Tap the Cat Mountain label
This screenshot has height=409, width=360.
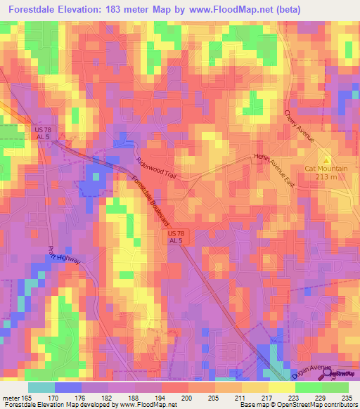[325, 168]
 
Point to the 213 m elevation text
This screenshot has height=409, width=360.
[326, 177]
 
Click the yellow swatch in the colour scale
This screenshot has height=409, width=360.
[281, 387]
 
